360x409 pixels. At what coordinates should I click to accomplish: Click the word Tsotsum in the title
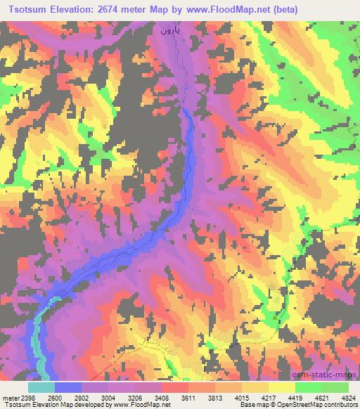[x=31, y=9]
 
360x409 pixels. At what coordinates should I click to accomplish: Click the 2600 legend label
[x=54, y=397]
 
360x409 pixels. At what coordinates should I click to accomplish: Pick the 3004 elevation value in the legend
[x=108, y=397]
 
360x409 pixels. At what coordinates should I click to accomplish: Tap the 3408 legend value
[x=161, y=397]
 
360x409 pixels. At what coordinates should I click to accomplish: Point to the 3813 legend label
[x=214, y=397]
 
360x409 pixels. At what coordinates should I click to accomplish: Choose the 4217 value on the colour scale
[x=268, y=397]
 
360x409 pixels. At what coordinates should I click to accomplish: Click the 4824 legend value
[x=347, y=397]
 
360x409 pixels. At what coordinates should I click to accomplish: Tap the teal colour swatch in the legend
[x=41, y=387]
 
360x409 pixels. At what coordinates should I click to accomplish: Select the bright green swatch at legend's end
[x=335, y=387]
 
